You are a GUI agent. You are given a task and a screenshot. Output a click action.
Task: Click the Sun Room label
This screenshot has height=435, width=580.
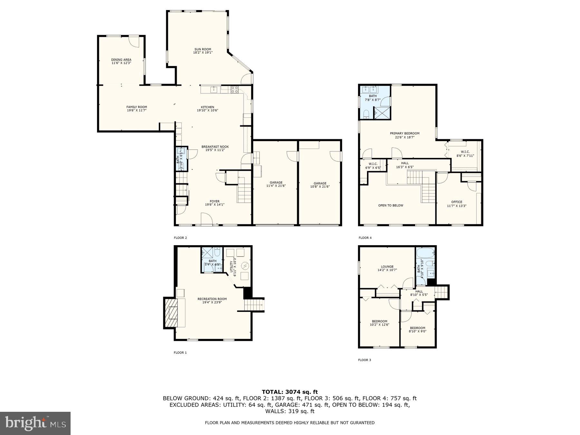pyautogui.click(x=203, y=49)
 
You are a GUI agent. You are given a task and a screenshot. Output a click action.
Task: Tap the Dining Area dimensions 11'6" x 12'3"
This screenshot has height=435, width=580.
pyautogui.click(x=121, y=63)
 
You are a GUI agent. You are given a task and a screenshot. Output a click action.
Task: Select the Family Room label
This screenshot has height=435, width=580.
pyautogui.click(x=137, y=107)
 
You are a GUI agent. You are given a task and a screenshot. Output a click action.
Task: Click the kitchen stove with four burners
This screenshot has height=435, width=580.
pyautogui.click(x=234, y=89)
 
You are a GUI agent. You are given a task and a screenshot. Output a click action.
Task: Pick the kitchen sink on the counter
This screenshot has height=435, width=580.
pyautogui.click(x=214, y=89)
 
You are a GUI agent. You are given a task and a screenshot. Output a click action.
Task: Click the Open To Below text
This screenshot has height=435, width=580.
pyautogui.click(x=391, y=205)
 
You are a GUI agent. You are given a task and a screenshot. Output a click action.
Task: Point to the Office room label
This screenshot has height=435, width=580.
pyautogui.click(x=457, y=202)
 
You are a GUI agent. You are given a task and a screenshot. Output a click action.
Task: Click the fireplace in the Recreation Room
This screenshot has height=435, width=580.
pyautogui.click(x=171, y=312)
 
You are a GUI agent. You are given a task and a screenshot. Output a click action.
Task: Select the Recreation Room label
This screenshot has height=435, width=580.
pyautogui.click(x=212, y=299)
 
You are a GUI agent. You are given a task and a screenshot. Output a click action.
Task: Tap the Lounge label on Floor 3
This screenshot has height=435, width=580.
pyautogui.click(x=387, y=266)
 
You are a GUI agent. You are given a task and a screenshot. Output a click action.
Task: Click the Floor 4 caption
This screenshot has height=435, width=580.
pyautogui.click(x=365, y=238)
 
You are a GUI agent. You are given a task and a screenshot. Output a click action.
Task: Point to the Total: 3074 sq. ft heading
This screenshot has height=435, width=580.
pyautogui.click(x=290, y=392)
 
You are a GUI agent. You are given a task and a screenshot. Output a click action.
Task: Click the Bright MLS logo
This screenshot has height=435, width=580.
pyautogui.click(x=35, y=423)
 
